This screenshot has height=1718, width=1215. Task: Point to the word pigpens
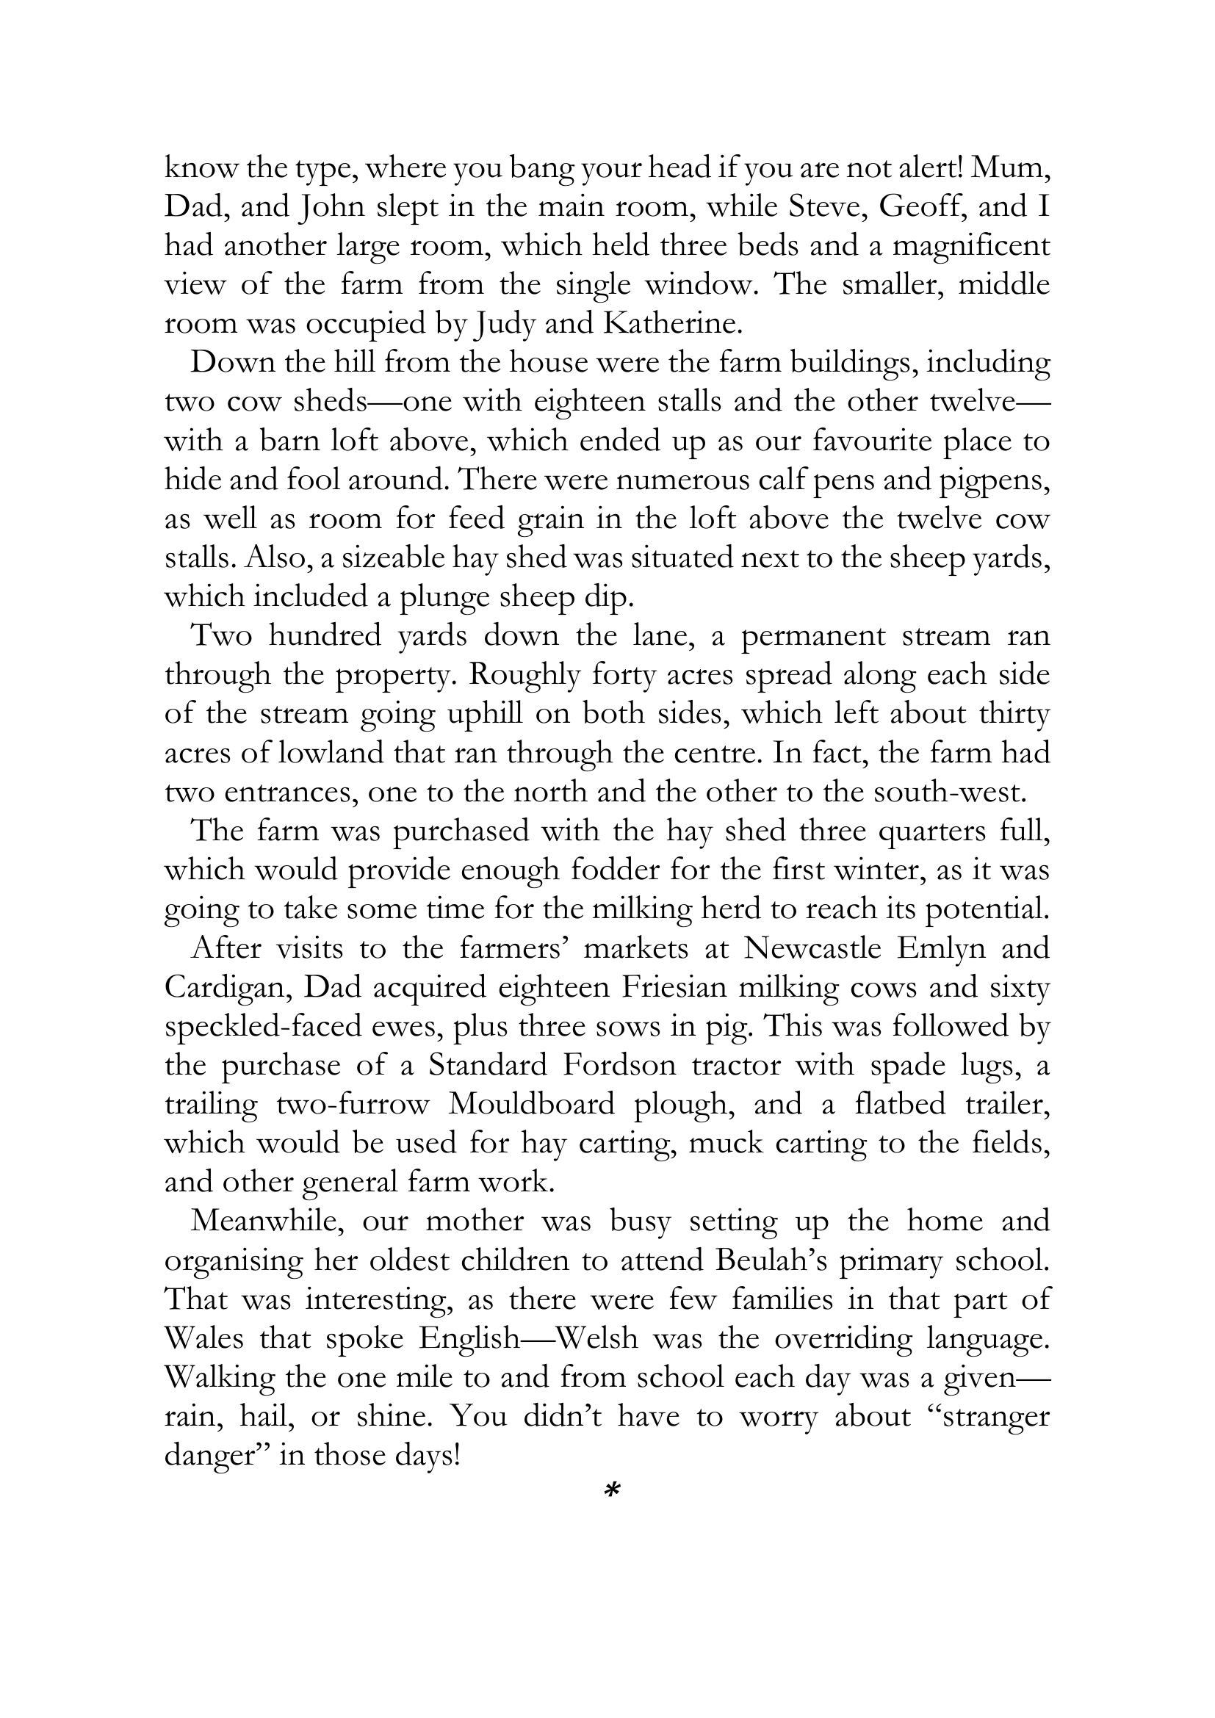995,480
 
